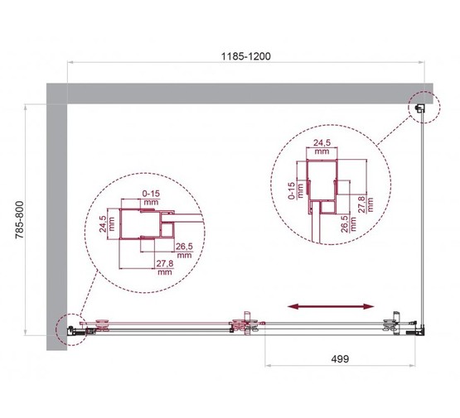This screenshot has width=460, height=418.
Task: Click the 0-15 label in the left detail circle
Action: [150, 197]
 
